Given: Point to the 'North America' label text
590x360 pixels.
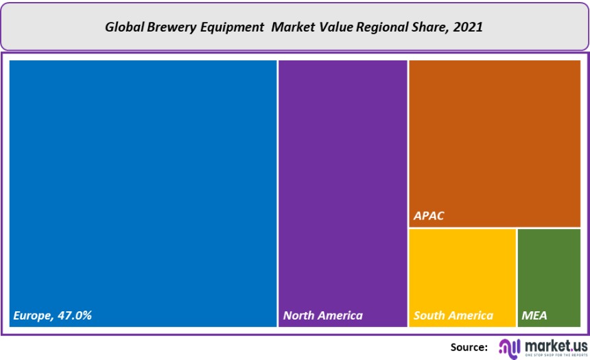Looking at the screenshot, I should (x=323, y=315).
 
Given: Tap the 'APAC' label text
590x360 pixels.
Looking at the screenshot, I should (x=429, y=216).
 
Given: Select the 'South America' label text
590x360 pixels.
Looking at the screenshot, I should (x=453, y=315).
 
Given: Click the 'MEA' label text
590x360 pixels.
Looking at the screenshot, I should (x=534, y=315).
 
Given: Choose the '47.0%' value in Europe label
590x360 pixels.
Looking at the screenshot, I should (x=73, y=315).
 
